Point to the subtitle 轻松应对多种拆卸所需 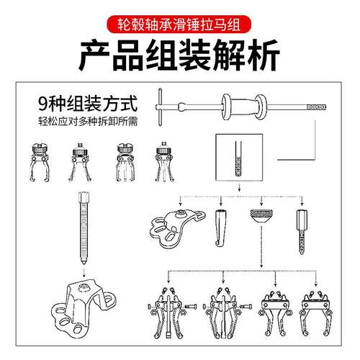[x=79, y=118]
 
